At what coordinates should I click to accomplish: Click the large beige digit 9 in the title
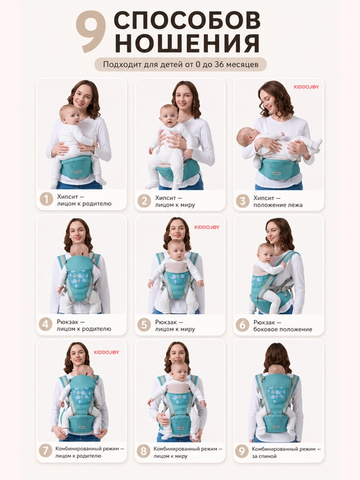pos(91,32)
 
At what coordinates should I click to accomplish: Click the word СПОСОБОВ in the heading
pos(187,21)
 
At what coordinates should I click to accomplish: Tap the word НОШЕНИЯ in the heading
pos(187,43)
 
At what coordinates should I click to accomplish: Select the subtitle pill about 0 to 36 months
pos(181,64)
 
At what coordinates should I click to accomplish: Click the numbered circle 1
pos(46,199)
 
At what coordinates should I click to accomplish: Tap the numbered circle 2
pos(144,201)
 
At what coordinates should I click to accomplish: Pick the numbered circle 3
pos(243,201)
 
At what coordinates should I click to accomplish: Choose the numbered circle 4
pos(45,325)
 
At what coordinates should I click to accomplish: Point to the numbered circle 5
pos(144,325)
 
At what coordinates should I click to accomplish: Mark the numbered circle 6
pos(242,325)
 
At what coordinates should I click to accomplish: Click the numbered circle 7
pos(45,451)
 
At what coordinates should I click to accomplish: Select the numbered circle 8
pos(143,451)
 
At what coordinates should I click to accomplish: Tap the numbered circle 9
pos(242,451)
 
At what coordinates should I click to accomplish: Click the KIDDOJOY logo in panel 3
pos(307,87)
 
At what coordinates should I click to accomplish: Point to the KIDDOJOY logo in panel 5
pos(207,227)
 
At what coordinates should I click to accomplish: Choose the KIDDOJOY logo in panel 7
pos(107,353)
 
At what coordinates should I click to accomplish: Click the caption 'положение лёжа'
pos(278,205)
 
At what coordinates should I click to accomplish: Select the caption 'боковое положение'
pos(283,329)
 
